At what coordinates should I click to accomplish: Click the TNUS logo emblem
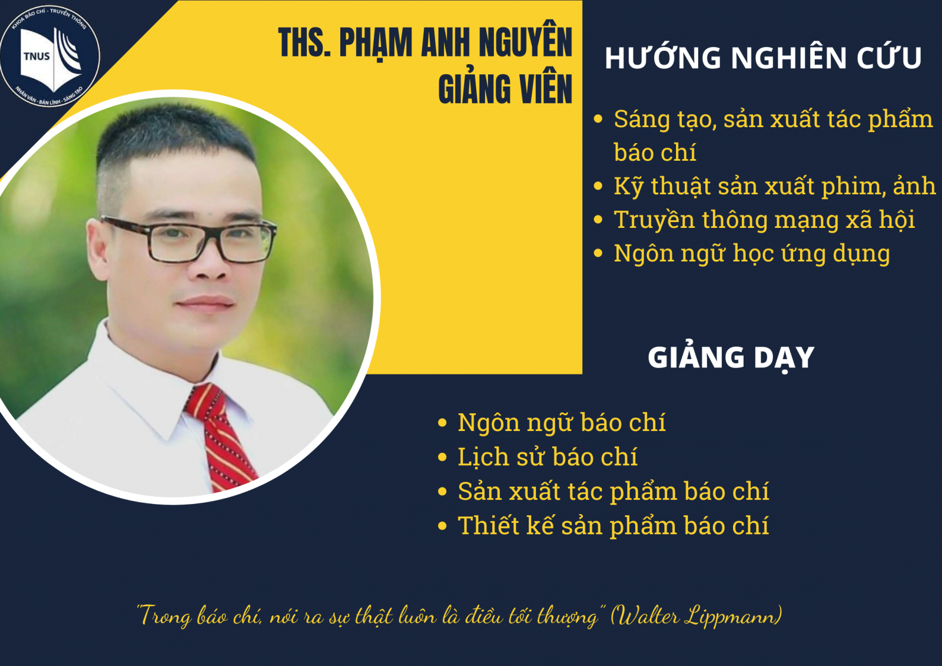[x=49, y=55]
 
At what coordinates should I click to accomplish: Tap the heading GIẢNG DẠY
[x=731, y=357]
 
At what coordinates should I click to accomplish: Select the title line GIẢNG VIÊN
[x=505, y=89]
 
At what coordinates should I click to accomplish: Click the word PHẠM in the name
[x=376, y=42]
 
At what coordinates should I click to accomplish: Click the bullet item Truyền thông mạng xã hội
[x=764, y=220]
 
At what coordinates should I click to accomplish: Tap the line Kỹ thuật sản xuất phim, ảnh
[x=774, y=187]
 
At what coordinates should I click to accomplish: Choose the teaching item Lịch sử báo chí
[x=548, y=457]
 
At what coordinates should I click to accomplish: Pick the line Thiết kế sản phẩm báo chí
[x=613, y=526]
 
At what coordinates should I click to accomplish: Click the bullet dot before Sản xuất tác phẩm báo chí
[x=442, y=491]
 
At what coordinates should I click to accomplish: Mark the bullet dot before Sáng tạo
[x=598, y=119]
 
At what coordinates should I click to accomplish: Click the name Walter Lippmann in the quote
[x=695, y=616]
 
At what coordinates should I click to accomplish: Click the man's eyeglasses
[x=189, y=239]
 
